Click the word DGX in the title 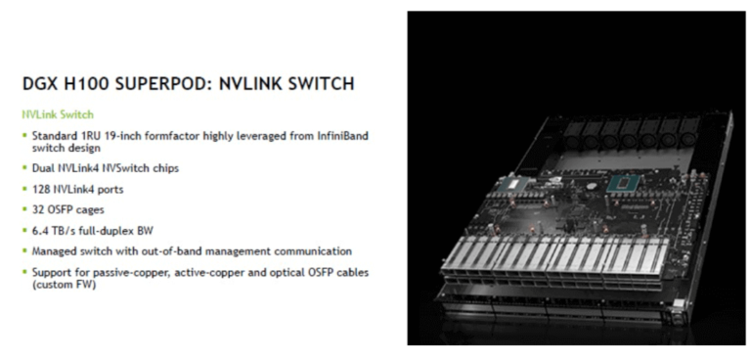(x=40, y=85)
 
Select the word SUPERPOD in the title (x=160, y=85)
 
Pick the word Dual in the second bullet (x=44, y=168)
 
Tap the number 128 (x=42, y=189)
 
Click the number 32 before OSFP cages (x=38, y=209)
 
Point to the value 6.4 (x=40, y=230)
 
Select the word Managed (x=54, y=251)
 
